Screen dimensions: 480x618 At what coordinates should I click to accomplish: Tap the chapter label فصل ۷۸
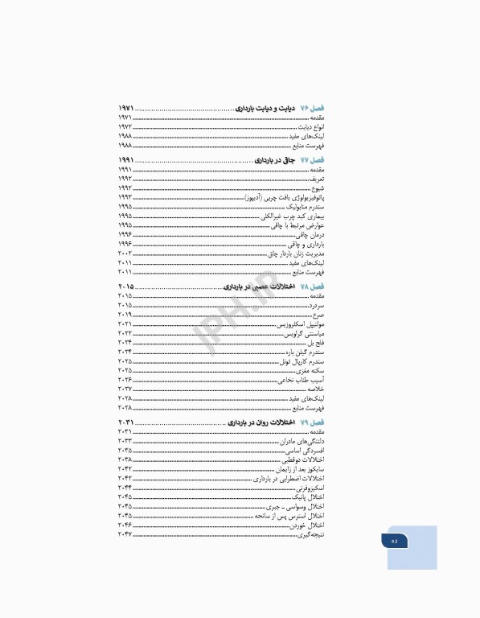311,287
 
